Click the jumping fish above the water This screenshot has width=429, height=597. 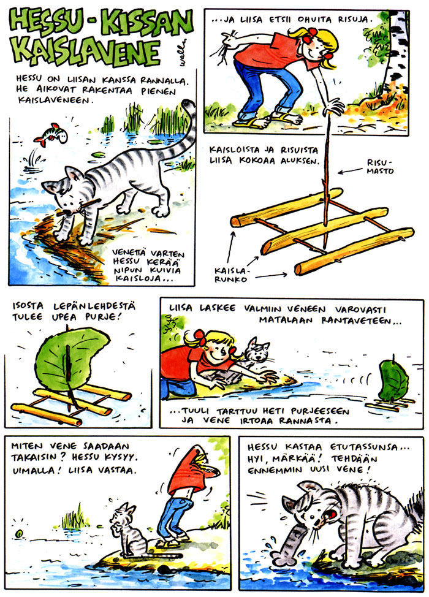[51, 134]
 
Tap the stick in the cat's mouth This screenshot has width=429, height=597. [79, 207]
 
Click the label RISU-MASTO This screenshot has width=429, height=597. [380, 167]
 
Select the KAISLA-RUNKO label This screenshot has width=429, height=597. [231, 275]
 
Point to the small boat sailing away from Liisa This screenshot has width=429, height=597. [392, 385]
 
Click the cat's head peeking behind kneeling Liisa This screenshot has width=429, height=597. [257, 351]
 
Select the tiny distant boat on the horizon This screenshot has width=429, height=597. [18, 534]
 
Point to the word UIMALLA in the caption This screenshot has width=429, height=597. [37, 471]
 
